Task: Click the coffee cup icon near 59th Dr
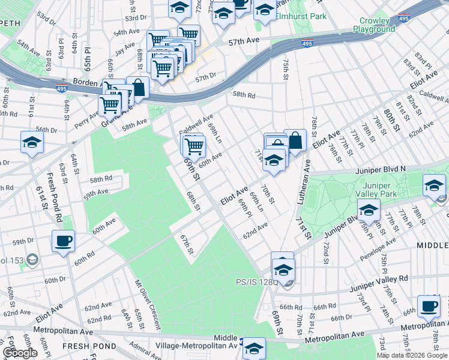(x=63, y=241)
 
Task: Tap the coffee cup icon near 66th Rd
(x=429, y=306)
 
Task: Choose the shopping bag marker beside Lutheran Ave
(x=295, y=141)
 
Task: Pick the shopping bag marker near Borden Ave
(x=138, y=87)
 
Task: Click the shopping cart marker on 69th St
(x=194, y=145)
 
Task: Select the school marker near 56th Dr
(x=32, y=142)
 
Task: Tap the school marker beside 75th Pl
(x=369, y=210)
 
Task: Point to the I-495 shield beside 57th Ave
(x=307, y=44)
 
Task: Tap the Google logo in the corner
(x=20, y=353)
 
